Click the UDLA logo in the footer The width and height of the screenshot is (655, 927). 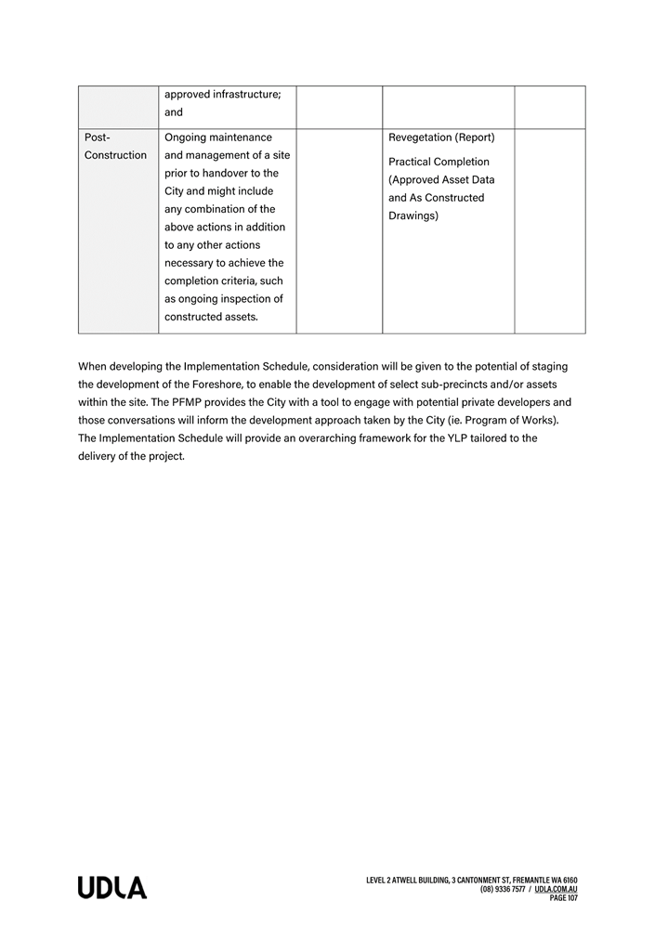click(112, 888)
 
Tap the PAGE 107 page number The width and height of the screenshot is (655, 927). click(563, 898)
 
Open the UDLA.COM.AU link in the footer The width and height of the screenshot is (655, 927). click(556, 889)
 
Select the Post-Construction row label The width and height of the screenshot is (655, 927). click(115, 146)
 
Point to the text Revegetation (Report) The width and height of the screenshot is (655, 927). click(441, 137)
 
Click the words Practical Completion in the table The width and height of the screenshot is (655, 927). click(439, 162)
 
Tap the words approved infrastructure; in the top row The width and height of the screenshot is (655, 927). click(222, 95)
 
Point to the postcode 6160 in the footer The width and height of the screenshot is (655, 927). click(569, 880)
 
